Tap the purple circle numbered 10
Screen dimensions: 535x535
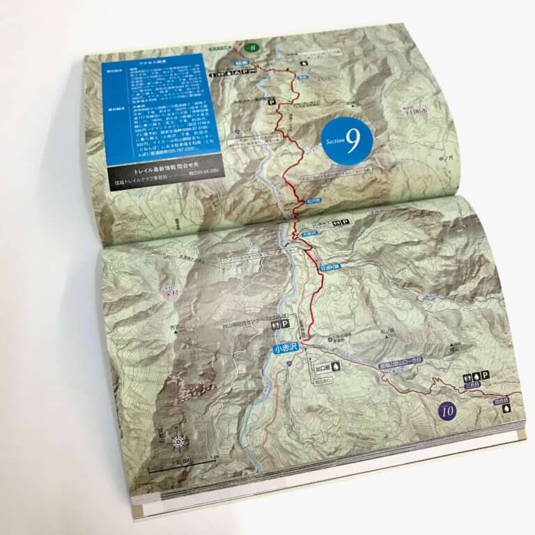447,410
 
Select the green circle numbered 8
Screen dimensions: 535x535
252,47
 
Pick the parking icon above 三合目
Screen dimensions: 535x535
485,377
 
